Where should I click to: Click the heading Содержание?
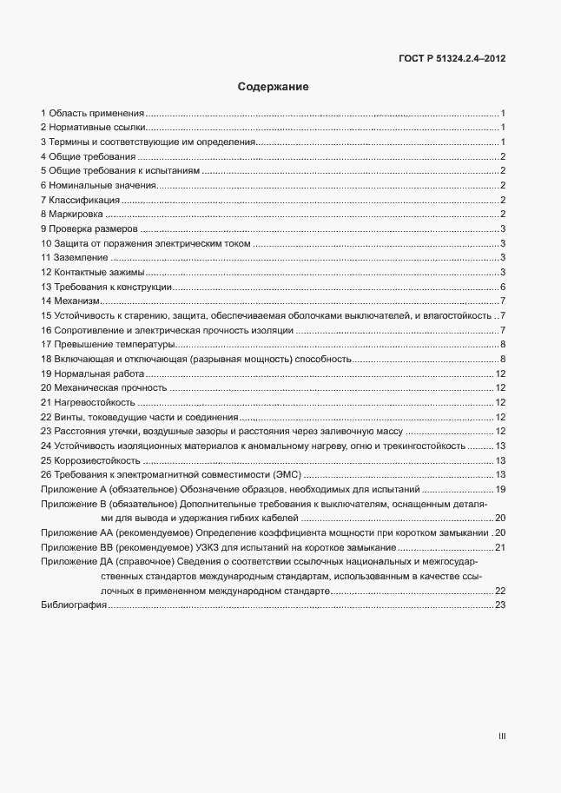tap(274, 88)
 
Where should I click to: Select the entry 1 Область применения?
tap(92, 114)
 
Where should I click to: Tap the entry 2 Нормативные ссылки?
tap(92, 128)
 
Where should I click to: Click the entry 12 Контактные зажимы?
tap(93, 272)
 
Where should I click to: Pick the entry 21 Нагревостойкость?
tap(88, 402)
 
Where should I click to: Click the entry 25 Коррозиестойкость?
tap(90, 459)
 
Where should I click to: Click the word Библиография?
tap(74, 605)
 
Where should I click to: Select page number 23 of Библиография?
tap(500, 605)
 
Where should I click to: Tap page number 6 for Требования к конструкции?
tap(503, 287)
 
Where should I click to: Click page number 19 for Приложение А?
tap(500, 489)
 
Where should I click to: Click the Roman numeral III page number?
tap(501, 737)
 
